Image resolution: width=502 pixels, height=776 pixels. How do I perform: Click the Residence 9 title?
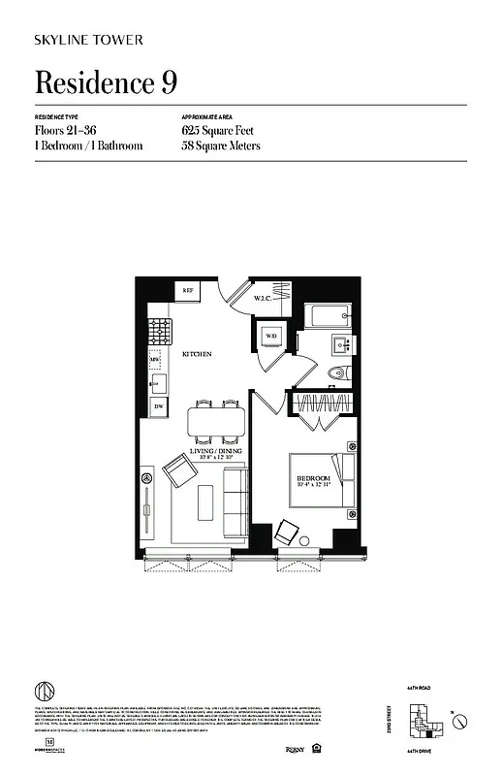(106, 83)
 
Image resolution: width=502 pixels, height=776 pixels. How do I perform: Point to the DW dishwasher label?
(157, 406)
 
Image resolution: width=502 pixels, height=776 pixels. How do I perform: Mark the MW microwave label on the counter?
(154, 360)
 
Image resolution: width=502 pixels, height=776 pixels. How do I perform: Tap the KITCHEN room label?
(197, 355)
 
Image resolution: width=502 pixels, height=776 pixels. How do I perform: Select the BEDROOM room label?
(313, 479)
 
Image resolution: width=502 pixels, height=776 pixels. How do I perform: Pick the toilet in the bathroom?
(335, 373)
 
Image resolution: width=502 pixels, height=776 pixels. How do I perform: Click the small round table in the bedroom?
(302, 540)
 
